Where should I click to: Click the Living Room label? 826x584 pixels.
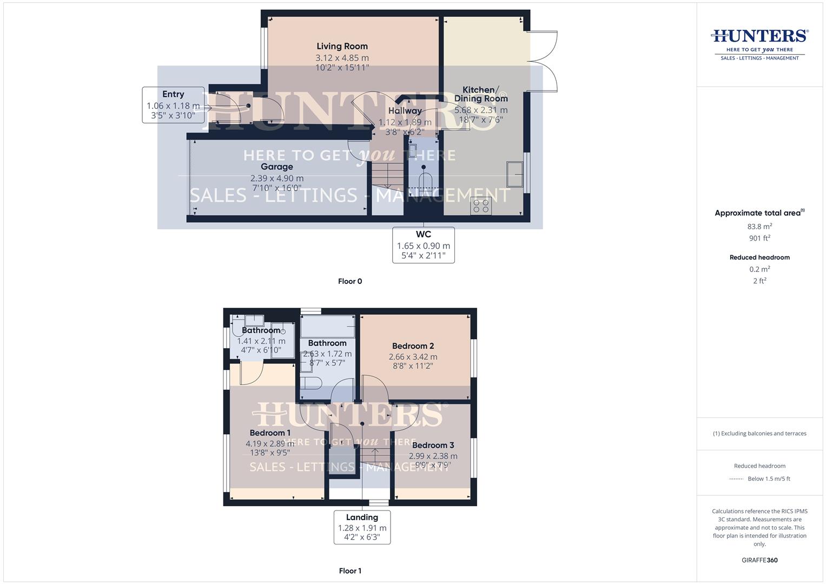[342, 47]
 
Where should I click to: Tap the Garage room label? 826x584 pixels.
[276, 167]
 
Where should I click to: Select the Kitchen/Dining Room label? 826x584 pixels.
[481, 94]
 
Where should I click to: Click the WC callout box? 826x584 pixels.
[423, 245]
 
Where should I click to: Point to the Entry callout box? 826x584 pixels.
[173, 105]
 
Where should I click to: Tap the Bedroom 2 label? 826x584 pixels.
[413, 346]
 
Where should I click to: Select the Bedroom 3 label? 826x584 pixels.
[433, 446]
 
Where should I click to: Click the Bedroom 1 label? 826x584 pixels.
[270, 433]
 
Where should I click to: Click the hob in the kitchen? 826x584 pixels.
[481, 206]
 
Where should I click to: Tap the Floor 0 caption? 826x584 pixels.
[350, 281]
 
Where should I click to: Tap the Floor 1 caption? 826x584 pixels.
[350, 571]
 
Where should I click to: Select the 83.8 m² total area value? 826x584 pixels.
[759, 227]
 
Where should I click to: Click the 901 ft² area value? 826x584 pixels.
[759, 238]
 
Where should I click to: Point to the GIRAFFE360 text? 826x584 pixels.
[759, 560]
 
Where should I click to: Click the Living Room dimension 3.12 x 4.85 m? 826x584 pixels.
[342, 58]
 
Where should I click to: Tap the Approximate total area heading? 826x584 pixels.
[759, 213]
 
